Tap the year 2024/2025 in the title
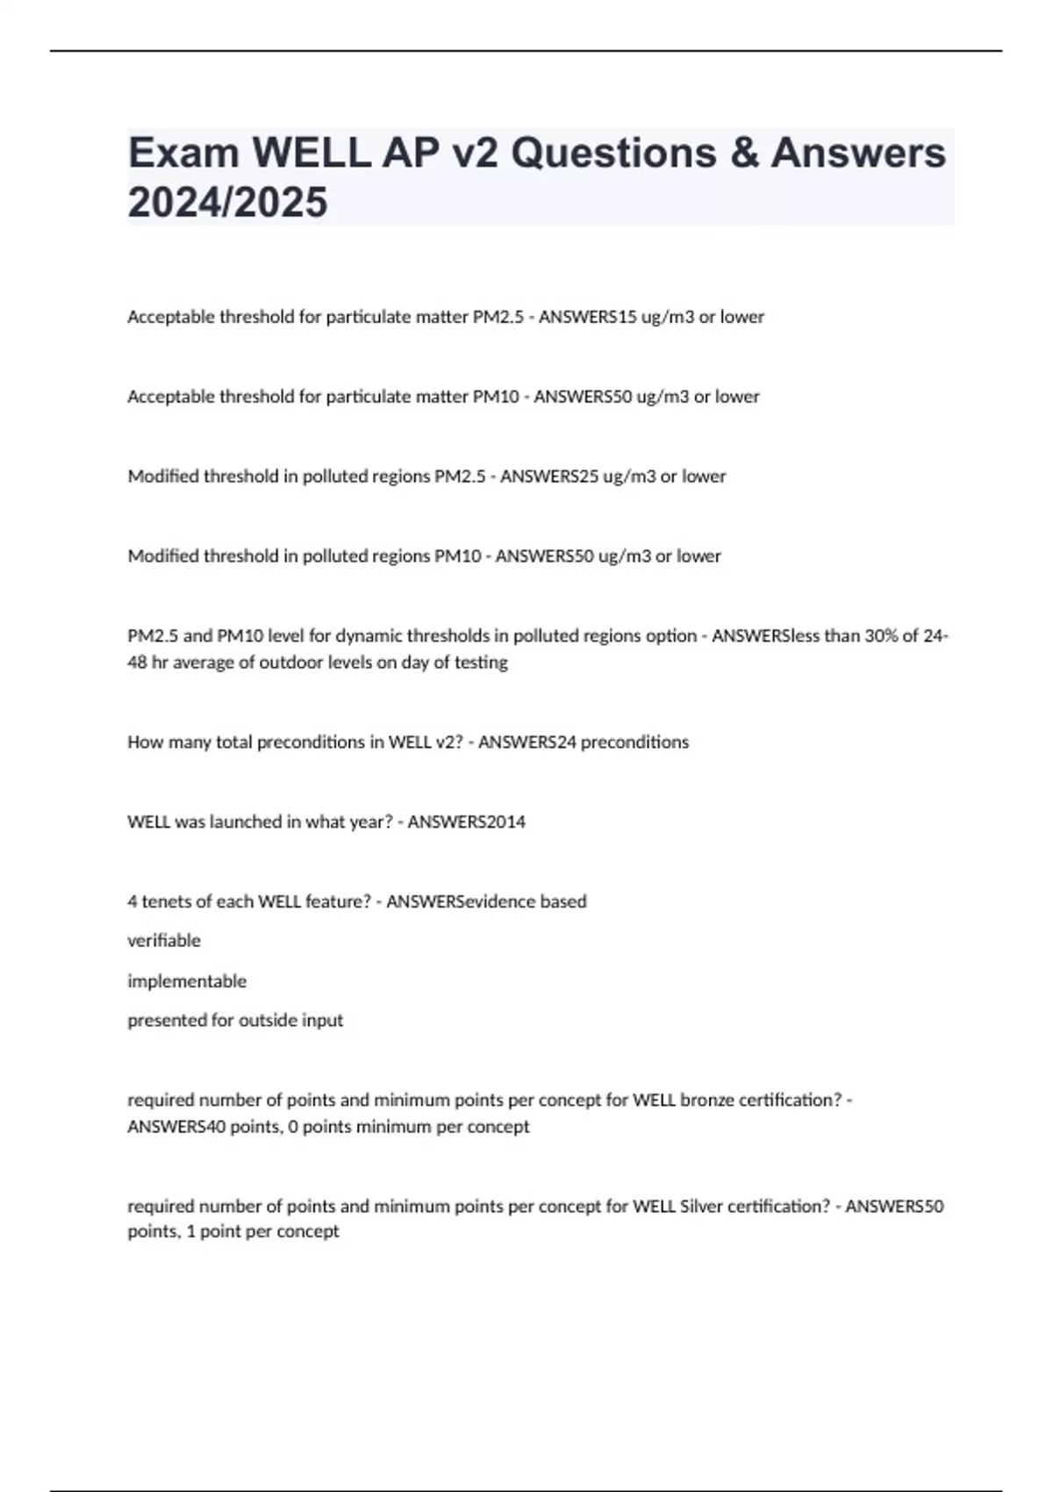pyautogui.click(x=227, y=203)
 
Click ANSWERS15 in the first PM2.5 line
pyautogui.click(x=587, y=317)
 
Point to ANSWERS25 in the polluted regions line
pyautogui.click(x=548, y=477)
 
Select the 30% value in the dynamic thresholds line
pyautogui.click(x=884, y=636)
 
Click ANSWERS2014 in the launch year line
pyautogui.click(x=466, y=822)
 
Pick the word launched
pyautogui.click(x=243, y=822)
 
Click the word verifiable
pyautogui.click(x=164, y=941)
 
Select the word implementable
pyautogui.click(x=187, y=981)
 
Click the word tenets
pyautogui.click(x=168, y=901)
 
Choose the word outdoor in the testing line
pyautogui.click(x=291, y=663)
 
